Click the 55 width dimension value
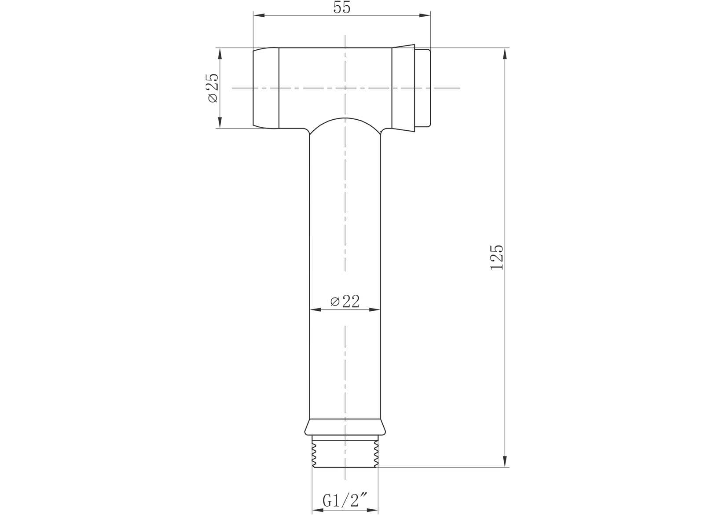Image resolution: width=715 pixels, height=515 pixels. (x=342, y=7)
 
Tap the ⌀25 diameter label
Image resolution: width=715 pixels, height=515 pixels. (x=212, y=88)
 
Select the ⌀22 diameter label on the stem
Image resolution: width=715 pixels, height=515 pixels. (x=345, y=302)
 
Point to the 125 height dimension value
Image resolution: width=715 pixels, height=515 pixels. (x=497, y=257)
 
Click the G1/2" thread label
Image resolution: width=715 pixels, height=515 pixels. (x=345, y=501)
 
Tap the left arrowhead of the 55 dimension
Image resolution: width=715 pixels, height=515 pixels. (x=259, y=16)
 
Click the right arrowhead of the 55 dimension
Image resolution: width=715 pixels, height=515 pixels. (x=425, y=16)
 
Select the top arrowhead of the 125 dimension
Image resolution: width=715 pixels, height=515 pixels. (x=505, y=53)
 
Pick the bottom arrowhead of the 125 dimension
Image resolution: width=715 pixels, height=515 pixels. (x=505, y=461)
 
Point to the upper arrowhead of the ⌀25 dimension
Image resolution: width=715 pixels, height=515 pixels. (x=219, y=53)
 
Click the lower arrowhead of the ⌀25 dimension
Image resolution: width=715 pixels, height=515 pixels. (x=219, y=122)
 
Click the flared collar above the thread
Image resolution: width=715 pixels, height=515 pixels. (x=345, y=427)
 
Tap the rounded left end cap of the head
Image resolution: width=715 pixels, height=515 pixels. (x=265, y=88)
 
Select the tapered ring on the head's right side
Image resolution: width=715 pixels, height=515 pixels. (x=403, y=88)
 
